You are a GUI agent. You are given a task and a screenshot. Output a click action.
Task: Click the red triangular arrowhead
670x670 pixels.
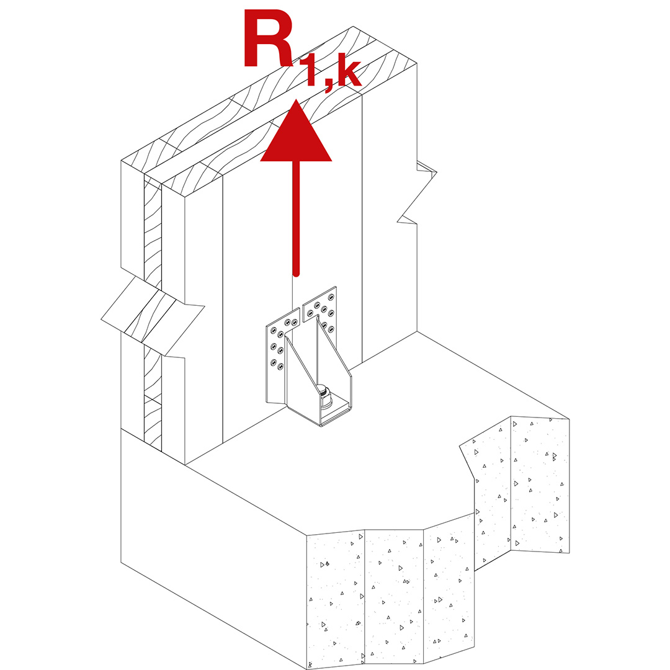pos(297,136)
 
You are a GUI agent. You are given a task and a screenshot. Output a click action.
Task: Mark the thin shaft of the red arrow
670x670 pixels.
pos(297,217)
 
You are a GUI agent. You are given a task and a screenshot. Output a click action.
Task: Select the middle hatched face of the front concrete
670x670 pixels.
pos(394,596)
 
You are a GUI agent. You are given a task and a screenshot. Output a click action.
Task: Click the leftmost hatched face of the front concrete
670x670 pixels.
pos(335,599)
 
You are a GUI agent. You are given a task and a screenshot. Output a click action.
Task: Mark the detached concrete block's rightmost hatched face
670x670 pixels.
pos(540,484)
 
